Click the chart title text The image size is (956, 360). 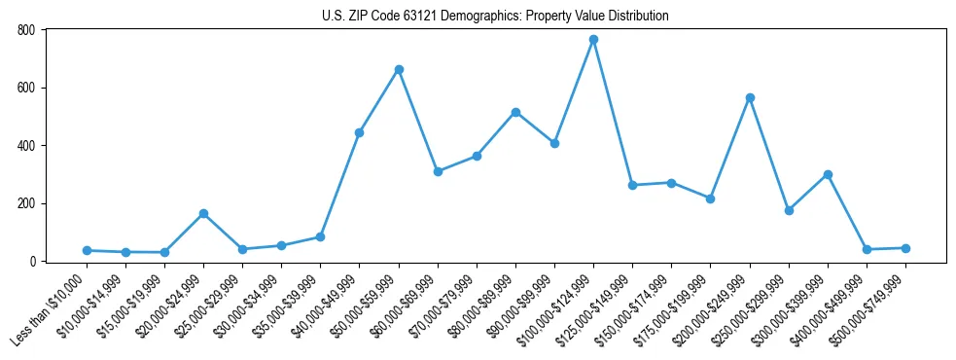pos(495,17)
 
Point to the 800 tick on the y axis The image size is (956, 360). pos(26,30)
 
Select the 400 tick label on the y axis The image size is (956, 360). pos(26,146)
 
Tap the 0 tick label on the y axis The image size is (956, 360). pos(32,262)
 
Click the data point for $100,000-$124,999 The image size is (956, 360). pos(593,40)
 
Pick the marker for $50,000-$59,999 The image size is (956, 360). pos(399,70)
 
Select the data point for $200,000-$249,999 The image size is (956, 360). pos(750,97)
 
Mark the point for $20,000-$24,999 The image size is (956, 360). pos(203,213)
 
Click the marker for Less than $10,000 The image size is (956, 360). pos(87,250)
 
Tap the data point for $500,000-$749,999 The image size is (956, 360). pos(905,248)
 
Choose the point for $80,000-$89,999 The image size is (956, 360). pos(515,112)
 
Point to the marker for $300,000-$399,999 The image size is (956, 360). pos(828,174)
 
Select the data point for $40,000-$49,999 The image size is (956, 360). pos(359,132)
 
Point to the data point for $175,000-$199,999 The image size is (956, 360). pos(710,198)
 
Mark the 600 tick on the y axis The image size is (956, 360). pos(26,88)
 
